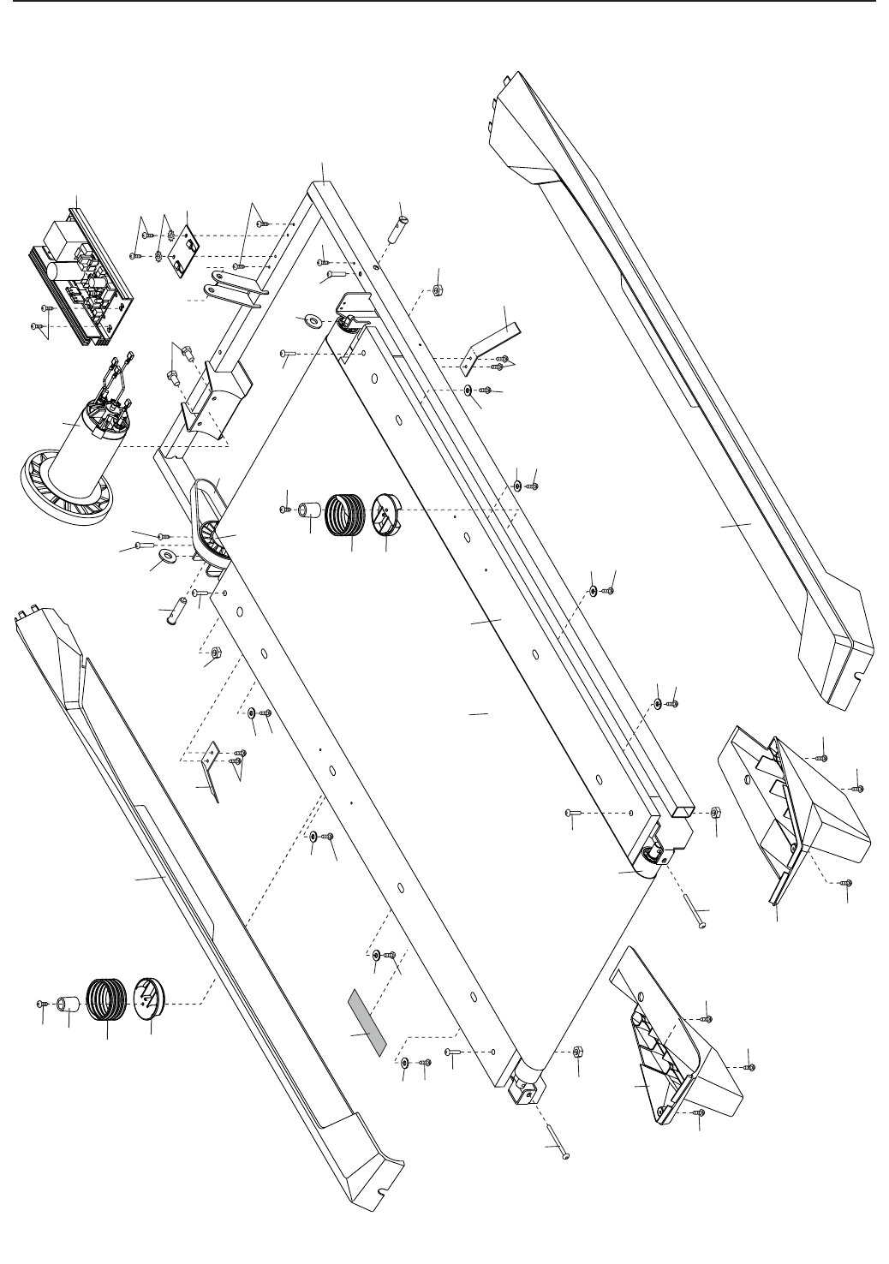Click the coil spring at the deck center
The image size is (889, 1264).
tap(347, 513)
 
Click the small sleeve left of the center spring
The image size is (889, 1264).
tap(308, 512)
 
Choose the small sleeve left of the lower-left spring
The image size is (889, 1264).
tap(69, 1003)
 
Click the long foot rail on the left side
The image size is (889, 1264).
tap(197, 899)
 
